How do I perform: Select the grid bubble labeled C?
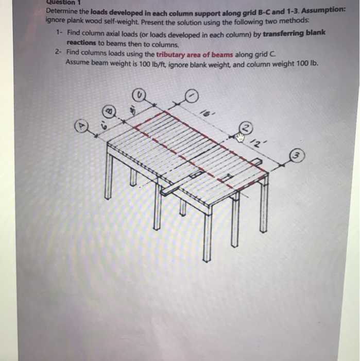tap(140, 95)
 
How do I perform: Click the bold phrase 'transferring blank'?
tap(294, 32)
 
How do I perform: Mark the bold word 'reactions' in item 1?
tap(81, 43)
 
